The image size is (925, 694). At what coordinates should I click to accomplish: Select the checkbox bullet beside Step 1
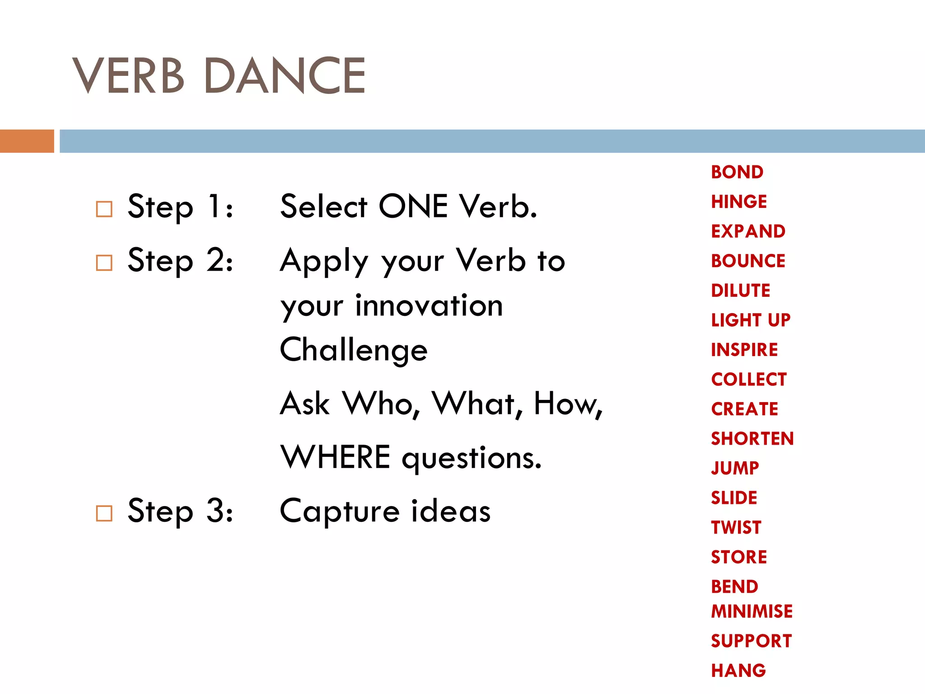click(104, 209)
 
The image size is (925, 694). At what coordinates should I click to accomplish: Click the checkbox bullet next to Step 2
click(104, 263)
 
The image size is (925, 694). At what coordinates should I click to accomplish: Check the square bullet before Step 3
click(104, 513)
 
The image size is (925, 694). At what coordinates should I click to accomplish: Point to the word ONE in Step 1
click(413, 206)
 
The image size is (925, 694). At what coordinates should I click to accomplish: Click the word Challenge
click(354, 351)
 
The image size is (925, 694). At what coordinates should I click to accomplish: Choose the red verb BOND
click(737, 172)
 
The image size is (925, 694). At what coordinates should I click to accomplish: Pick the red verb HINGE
click(739, 202)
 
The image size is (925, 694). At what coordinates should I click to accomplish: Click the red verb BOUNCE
click(748, 261)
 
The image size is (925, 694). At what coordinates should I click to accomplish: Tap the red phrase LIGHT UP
click(751, 320)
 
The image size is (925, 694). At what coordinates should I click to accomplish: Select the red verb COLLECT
click(749, 379)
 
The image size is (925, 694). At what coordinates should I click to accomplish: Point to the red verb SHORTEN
click(752, 438)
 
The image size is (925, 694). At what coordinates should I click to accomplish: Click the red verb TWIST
click(736, 527)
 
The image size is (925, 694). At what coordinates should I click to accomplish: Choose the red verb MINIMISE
click(752, 611)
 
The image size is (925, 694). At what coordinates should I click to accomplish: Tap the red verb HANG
click(738, 671)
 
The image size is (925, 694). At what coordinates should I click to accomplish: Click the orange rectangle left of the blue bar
click(27, 141)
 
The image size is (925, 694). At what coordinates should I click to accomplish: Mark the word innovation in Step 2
click(429, 306)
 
